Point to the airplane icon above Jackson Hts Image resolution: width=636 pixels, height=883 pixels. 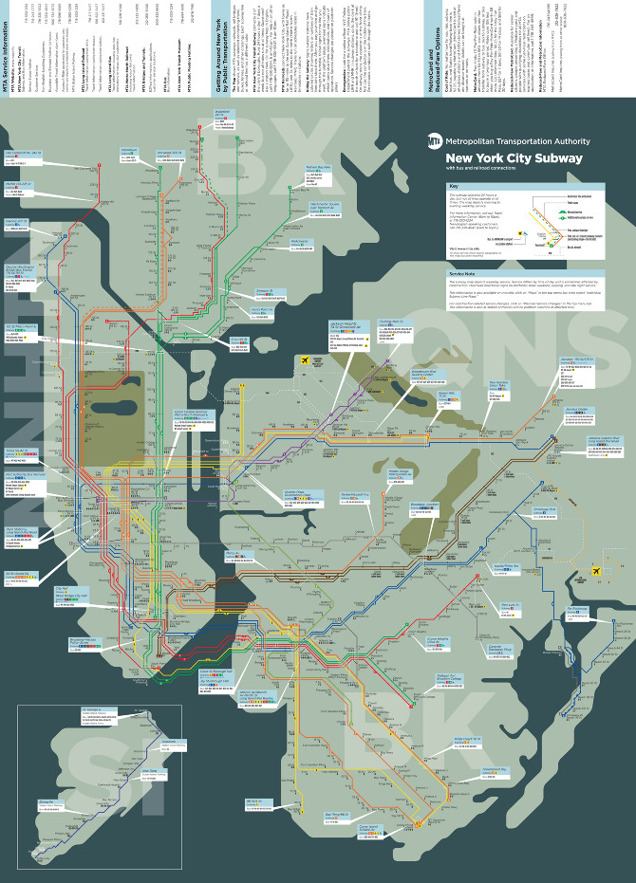click(303, 360)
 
